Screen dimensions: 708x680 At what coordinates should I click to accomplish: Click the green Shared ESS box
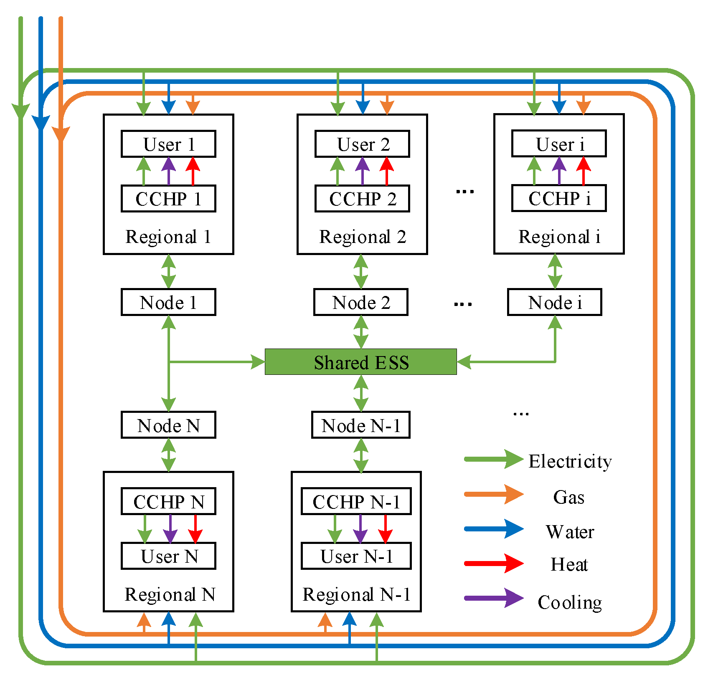point(361,362)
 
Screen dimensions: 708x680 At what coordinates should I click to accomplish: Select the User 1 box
point(168,144)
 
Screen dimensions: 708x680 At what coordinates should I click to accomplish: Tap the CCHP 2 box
point(362,199)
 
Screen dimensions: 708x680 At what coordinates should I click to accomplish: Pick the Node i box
point(555,302)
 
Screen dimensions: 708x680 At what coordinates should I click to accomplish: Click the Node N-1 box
point(361,425)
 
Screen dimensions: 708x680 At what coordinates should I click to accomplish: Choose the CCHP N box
point(168,501)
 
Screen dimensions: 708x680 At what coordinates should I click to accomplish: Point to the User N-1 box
point(356,556)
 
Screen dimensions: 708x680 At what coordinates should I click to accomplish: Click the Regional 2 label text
point(363,237)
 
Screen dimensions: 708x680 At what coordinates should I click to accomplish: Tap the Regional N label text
point(170,594)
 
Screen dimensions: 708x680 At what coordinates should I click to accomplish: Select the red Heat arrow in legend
point(494,564)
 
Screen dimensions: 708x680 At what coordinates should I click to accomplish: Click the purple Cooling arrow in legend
point(494,598)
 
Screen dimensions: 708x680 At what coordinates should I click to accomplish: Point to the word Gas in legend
point(569,497)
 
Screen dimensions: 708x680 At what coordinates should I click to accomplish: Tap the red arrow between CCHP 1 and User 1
point(193,171)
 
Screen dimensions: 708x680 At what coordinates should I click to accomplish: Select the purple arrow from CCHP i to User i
point(559,171)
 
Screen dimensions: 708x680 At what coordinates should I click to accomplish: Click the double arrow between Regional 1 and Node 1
point(168,271)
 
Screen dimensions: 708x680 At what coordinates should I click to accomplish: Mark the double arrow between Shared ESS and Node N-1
point(361,393)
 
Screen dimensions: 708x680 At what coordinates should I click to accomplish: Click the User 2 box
point(362,144)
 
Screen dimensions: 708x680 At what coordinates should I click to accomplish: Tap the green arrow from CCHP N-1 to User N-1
point(335,529)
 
